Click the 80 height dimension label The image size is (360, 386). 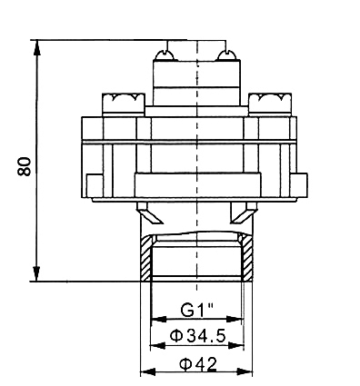24,166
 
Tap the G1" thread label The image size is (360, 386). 197,310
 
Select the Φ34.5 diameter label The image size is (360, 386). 198,336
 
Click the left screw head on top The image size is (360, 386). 165,55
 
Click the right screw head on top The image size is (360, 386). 227,55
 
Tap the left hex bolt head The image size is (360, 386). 124,104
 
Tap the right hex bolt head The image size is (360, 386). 270,104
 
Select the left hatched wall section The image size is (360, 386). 146,258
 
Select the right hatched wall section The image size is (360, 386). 247,257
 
